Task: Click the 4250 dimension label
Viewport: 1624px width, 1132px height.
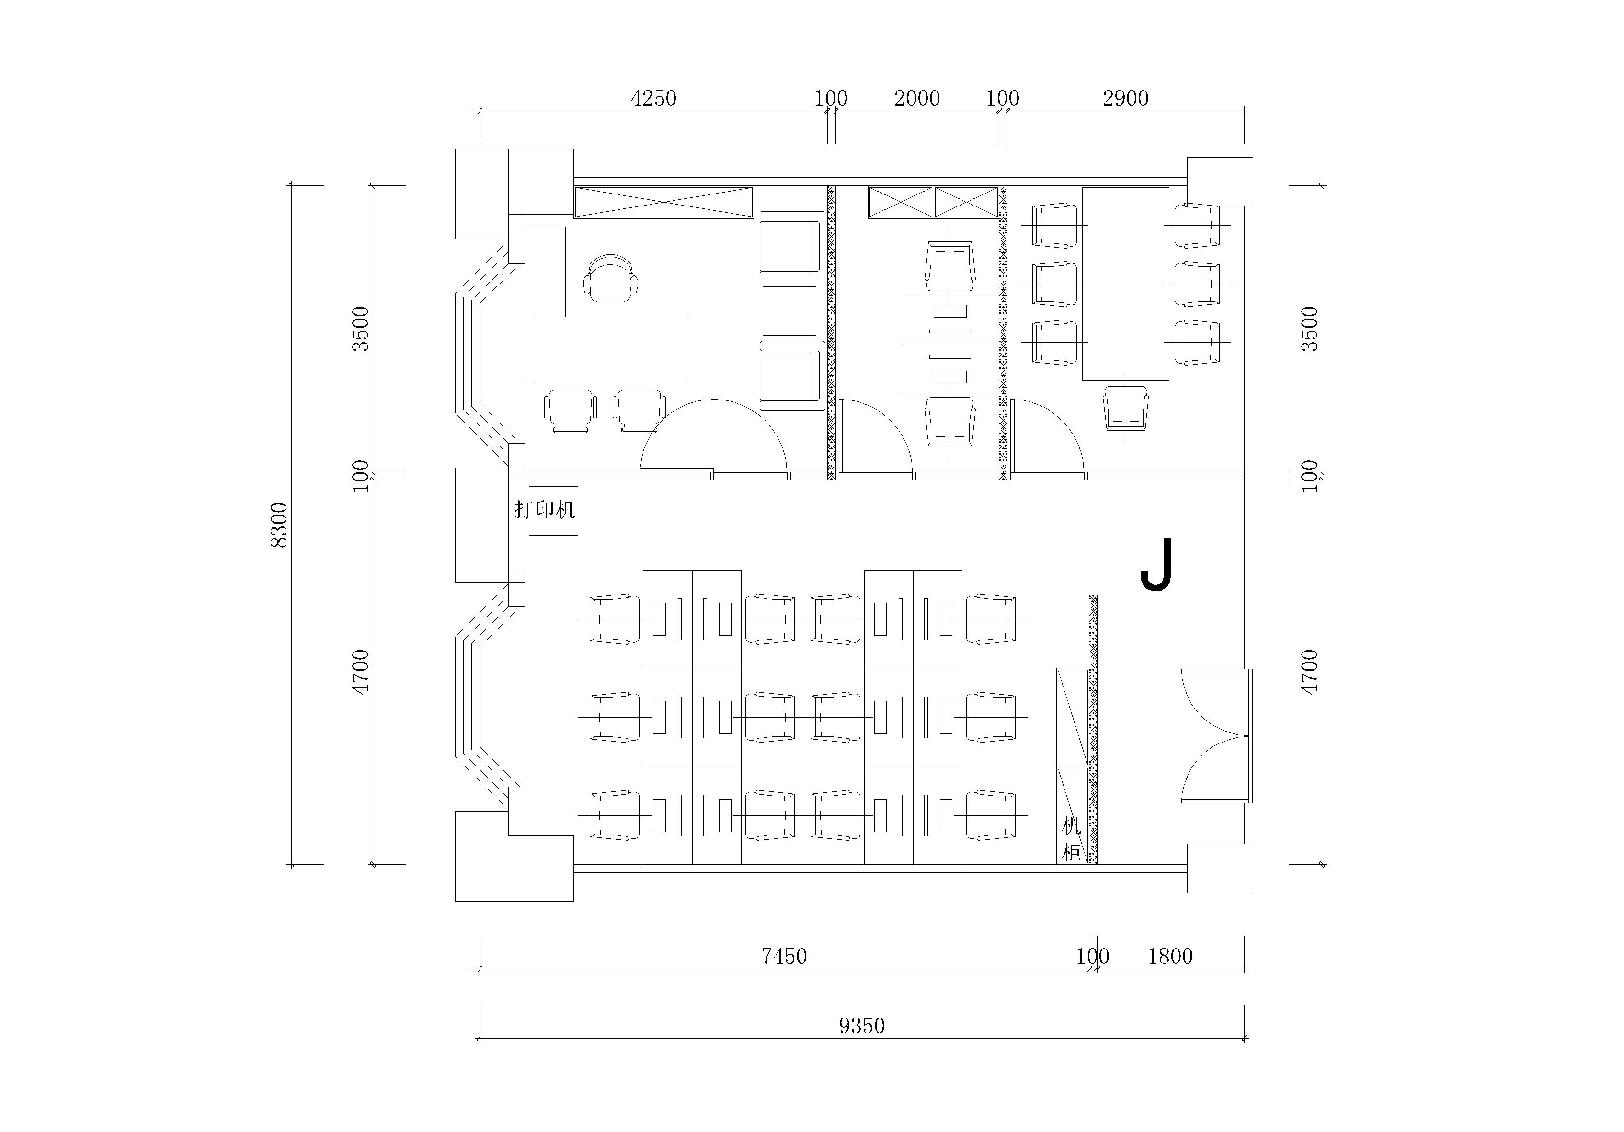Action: tap(653, 98)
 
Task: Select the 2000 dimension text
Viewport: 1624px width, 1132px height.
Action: tap(917, 98)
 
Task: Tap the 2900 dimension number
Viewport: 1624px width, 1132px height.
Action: tap(1125, 98)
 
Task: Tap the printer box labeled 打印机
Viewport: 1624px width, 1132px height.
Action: tap(554, 510)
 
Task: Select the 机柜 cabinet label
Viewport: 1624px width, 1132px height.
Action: tap(1072, 839)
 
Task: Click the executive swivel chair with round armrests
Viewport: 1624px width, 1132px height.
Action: tap(610, 278)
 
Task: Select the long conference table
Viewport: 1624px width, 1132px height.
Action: tap(1125, 284)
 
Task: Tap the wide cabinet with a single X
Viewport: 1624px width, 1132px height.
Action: tap(663, 202)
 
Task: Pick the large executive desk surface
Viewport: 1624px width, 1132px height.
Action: tap(610, 349)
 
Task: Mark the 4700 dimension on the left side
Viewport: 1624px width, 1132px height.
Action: tap(361, 672)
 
